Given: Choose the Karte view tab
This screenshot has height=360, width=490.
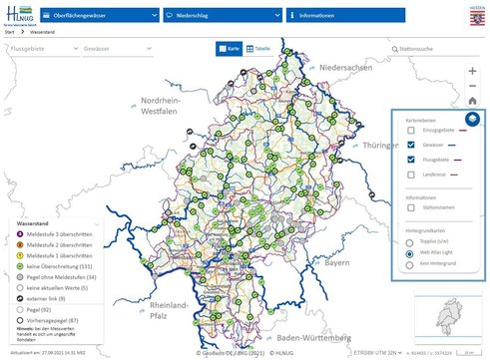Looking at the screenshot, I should click(230, 48).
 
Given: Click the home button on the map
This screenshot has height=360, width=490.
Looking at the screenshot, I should click(471, 101).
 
